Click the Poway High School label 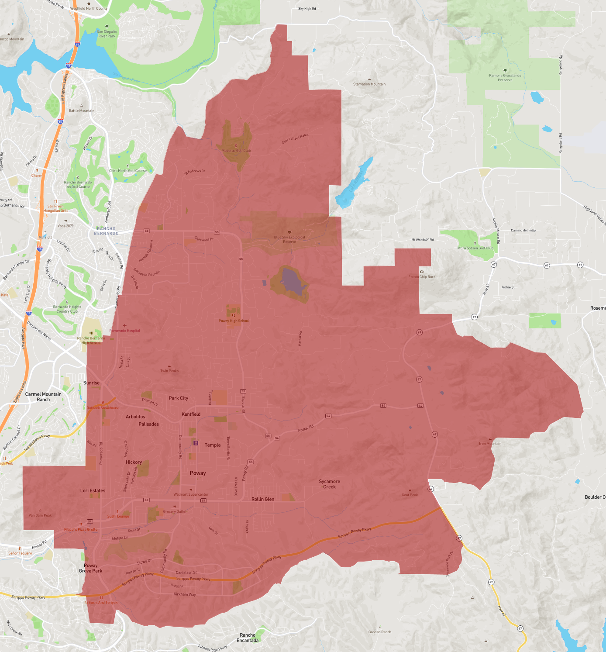[234, 321]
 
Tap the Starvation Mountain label [369, 84]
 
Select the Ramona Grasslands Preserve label [505, 78]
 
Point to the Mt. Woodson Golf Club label [475, 248]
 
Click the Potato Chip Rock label [422, 277]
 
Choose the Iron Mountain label [490, 444]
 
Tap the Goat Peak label [410, 495]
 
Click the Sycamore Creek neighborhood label [329, 484]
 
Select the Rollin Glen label [263, 499]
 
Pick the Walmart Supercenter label [191, 494]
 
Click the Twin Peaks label [169, 371]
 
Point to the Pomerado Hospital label [125, 331]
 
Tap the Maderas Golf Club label [236, 151]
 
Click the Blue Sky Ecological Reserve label [289, 239]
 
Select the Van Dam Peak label [40, 515]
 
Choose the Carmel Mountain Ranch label [43, 397]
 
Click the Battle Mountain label [82, 110]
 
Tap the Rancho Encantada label [248, 638]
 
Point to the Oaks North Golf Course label [128, 171]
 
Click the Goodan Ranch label [380, 632]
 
